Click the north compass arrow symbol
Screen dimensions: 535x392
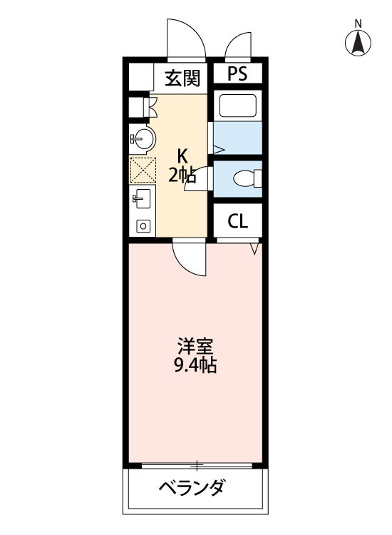(x=359, y=44)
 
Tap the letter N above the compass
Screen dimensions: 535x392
(x=359, y=24)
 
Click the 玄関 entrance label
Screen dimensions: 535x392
(x=182, y=77)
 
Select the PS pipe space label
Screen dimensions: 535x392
(x=237, y=75)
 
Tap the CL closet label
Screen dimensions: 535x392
(x=237, y=221)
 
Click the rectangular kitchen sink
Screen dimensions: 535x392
(x=140, y=199)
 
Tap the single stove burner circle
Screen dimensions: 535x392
(x=143, y=226)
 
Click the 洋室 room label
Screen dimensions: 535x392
(x=195, y=347)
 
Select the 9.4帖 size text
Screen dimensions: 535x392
(x=195, y=367)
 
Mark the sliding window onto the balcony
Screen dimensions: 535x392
(x=196, y=465)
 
